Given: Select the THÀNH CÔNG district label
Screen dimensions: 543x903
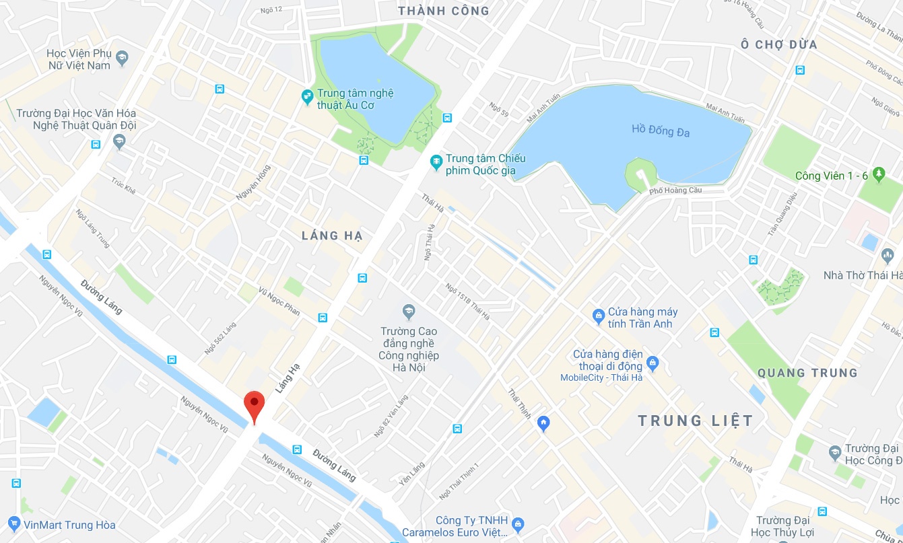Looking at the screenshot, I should coord(443,11).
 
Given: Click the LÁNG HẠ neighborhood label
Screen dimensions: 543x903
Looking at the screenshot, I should coord(332,236).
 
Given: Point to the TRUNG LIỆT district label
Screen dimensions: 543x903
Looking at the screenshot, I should coord(696,421).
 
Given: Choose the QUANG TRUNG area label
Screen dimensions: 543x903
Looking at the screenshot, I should coord(807,373).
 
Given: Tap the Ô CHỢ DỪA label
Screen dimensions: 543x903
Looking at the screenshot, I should coord(778,44).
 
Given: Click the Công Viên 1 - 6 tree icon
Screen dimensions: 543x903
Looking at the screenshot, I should coord(878,175).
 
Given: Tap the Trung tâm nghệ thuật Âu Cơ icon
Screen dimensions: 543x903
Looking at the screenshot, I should coord(306,98).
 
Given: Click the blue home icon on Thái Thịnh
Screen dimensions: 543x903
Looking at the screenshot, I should coord(544,423).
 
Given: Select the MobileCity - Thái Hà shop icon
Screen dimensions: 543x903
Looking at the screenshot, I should coord(652,364).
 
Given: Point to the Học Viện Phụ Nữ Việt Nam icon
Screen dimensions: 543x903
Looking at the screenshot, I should coord(122,58).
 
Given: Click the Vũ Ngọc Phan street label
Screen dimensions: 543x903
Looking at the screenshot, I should coord(279,301).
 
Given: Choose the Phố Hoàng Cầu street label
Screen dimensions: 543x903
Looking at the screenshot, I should coord(675,190).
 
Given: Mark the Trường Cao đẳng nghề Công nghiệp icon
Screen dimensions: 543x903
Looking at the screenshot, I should coord(408,312).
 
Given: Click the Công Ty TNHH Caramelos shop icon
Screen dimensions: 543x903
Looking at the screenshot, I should coord(518,523).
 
